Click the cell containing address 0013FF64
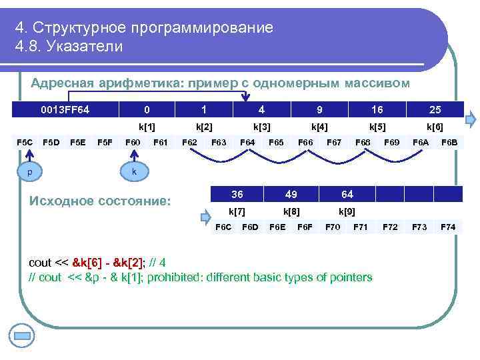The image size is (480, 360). (x=65, y=109)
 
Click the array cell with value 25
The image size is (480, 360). (x=435, y=109)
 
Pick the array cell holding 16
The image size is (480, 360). (x=377, y=109)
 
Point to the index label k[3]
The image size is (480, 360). (x=261, y=126)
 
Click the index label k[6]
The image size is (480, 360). (x=435, y=126)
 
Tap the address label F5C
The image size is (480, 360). (x=25, y=141)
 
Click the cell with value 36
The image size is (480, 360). (x=237, y=194)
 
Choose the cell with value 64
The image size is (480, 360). (x=347, y=194)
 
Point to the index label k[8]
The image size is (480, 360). (x=291, y=211)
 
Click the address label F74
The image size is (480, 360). (x=448, y=227)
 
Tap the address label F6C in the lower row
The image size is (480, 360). (x=224, y=227)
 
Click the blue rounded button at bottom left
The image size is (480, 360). (x=23, y=335)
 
